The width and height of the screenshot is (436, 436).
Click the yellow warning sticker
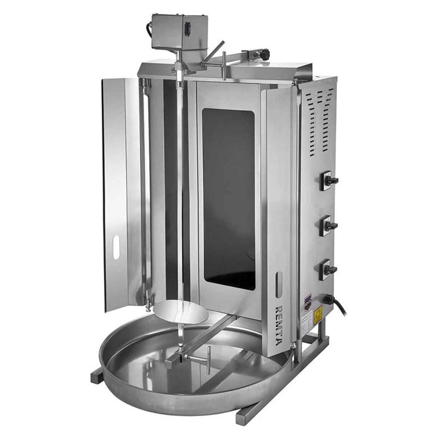point(318,312)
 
